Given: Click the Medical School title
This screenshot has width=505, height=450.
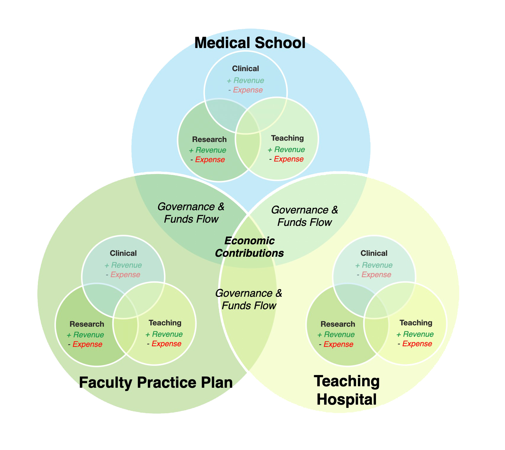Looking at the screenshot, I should coord(250,43).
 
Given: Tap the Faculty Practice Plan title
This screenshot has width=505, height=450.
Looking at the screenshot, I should coord(156,382).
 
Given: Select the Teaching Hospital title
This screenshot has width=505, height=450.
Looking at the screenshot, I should coord(347,390).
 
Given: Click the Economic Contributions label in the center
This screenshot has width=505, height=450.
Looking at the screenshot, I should coord(250,247).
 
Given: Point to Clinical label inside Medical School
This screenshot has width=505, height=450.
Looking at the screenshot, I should coord(245,68).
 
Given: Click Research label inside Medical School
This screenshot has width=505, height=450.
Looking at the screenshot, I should coord(209,139).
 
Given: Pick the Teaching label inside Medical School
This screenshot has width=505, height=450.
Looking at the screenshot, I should coord(287,138).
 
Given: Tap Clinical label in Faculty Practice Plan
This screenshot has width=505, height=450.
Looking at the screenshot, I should coord(123,253).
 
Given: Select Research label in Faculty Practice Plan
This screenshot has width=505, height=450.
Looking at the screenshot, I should coord(87,324).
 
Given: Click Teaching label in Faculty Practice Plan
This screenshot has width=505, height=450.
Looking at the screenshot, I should coord(165,323).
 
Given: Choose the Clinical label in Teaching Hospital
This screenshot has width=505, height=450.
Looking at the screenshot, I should coord(374,253).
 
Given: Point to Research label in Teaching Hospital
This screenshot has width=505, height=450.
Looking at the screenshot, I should coord(338,324).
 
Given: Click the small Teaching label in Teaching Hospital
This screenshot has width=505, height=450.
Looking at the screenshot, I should coord(416,323).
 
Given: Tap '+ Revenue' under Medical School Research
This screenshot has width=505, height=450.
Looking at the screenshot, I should coord(208,150).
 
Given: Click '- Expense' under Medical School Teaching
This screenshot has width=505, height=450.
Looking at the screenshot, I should coord(287,159).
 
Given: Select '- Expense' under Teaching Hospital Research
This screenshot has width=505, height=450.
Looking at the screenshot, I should coord(336,344).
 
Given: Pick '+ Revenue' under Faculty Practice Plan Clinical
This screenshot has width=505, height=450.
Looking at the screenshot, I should coord(123,265).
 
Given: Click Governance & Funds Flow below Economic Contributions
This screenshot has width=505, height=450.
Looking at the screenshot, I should coord(249,299).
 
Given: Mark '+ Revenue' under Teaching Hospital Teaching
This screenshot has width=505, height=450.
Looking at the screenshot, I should coord(415,334).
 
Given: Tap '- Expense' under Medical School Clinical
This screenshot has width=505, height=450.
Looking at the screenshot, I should coord(245,90).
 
